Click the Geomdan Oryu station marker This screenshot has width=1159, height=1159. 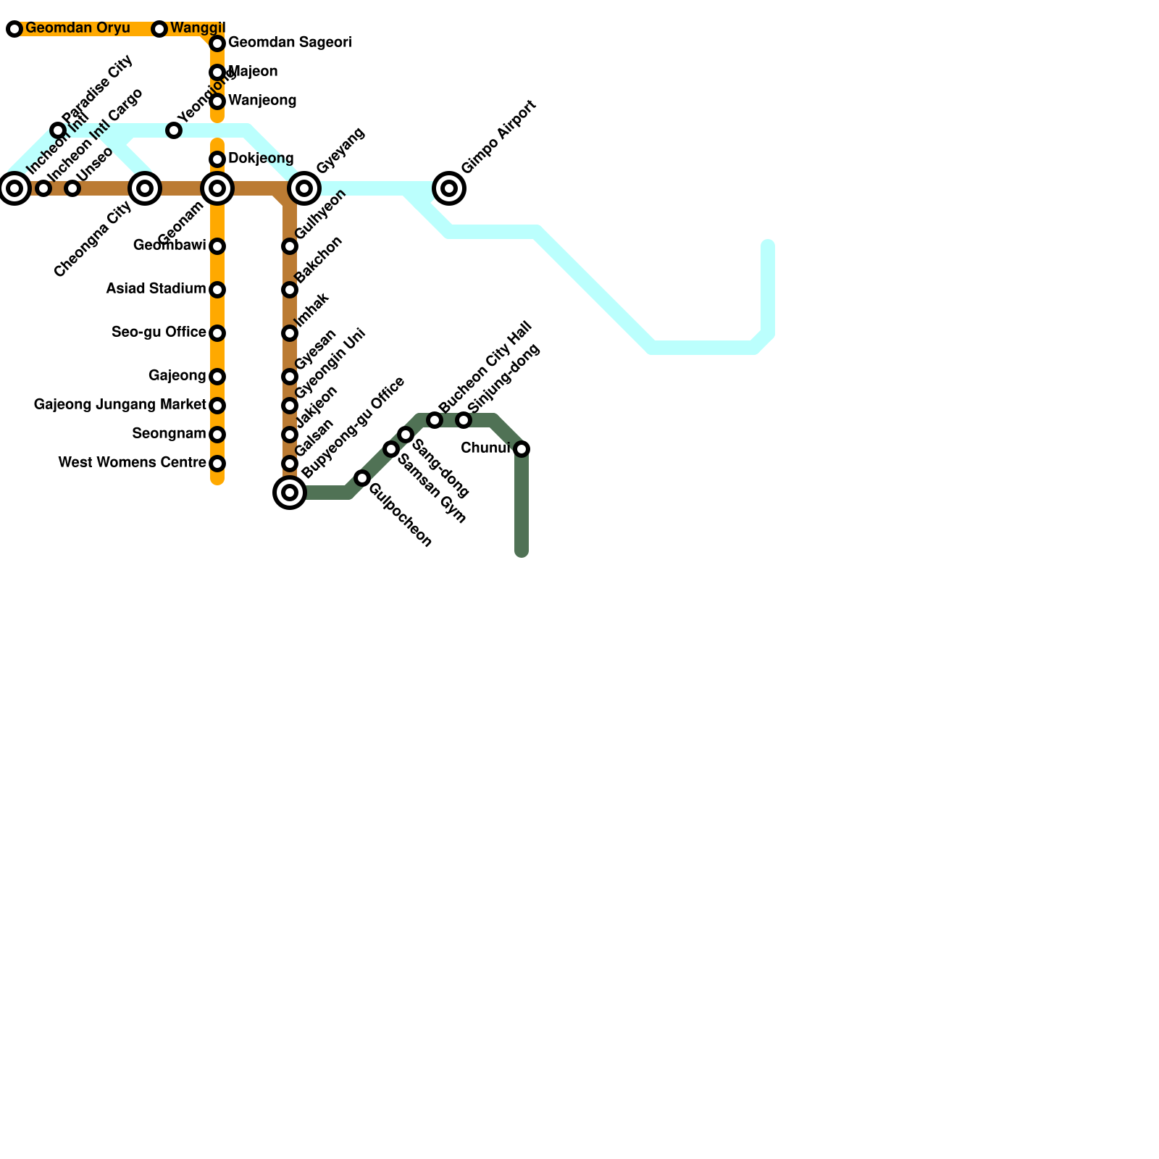(x=14, y=29)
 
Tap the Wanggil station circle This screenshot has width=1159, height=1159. (x=159, y=29)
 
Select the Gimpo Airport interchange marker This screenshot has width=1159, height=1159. (x=449, y=188)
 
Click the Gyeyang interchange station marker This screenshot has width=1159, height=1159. (x=304, y=188)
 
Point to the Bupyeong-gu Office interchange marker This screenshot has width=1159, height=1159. (x=290, y=493)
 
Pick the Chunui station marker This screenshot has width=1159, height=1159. (x=522, y=449)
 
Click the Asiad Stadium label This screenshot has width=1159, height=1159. (x=156, y=289)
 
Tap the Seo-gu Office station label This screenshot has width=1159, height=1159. (x=159, y=332)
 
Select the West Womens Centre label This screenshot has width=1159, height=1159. (x=132, y=463)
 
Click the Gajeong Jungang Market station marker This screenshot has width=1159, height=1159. (x=217, y=406)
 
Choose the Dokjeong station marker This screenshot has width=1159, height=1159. (x=217, y=159)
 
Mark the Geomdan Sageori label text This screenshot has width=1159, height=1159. (x=290, y=43)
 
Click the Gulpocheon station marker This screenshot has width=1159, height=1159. (x=362, y=478)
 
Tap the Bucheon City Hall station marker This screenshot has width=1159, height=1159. (x=435, y=420)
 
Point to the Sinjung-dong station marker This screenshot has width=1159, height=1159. (x=464, y=420)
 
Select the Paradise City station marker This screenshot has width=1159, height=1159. (x=58, y=130)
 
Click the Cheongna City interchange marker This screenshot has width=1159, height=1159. (x=145, y=188)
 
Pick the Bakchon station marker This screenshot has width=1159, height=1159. (x=290, y=290)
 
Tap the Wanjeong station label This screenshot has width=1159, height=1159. (x=262, y=101)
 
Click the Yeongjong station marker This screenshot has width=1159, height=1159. (x=174, y=130)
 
